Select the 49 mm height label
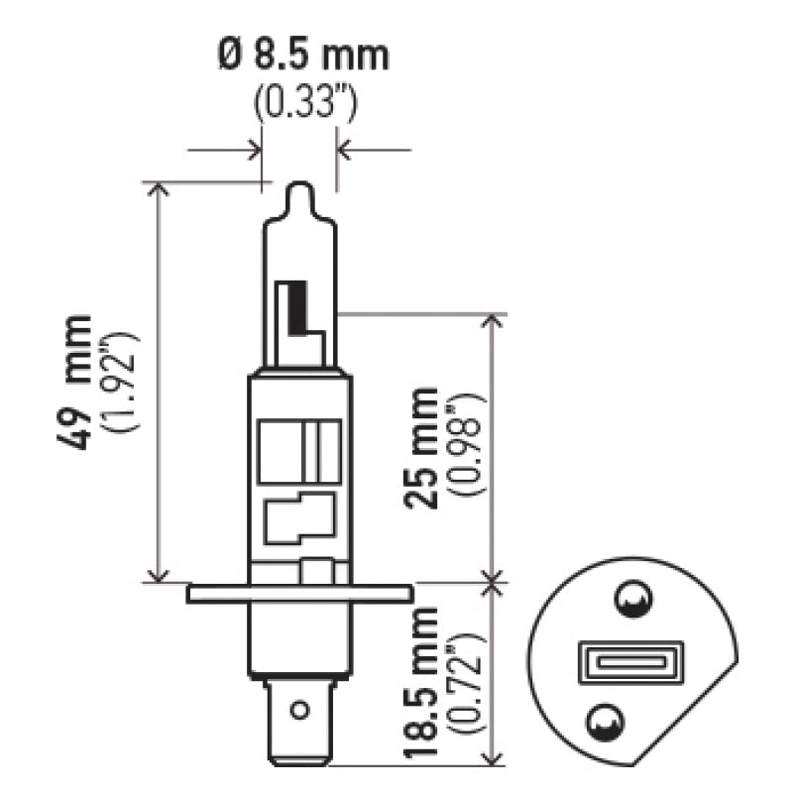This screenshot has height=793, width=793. tap(78, 381)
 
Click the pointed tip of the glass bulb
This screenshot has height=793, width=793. tap(299, 190)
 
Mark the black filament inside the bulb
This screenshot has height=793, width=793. tap(293, 308)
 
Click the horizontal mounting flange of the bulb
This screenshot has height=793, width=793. tap(298, 593)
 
